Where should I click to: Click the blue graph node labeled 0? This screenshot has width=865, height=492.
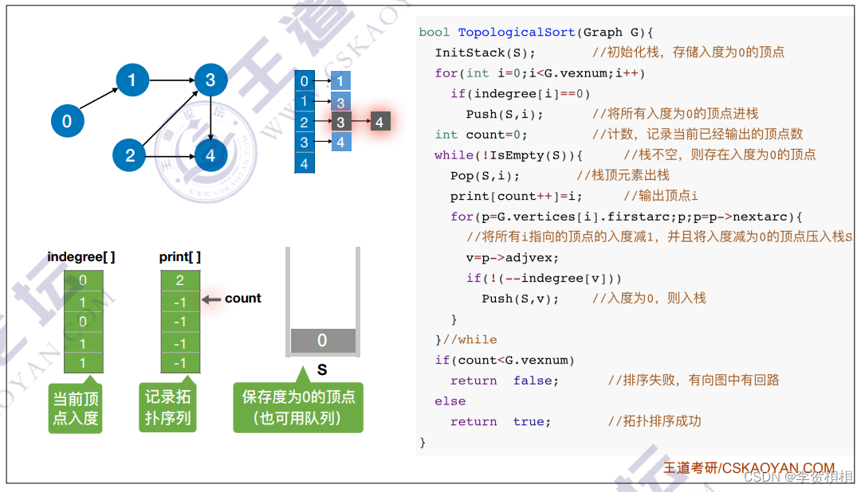click(x=67, y=121)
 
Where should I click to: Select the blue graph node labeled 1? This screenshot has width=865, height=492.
click(x=132, y=80)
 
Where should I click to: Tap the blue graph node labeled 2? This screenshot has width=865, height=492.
click(x=129, y=155)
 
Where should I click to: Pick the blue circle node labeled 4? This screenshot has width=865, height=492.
click(x=210, y=155)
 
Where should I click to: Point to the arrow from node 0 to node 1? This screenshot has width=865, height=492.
click(x=100, y=100)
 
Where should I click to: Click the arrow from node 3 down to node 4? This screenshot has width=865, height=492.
click(x=210, y=117)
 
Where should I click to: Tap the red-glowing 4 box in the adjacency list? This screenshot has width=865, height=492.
click(x=379, y=123)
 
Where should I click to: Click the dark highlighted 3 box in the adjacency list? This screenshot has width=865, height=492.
click(x=340, y=123)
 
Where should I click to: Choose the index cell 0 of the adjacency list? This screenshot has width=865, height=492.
click(x=304, y=81)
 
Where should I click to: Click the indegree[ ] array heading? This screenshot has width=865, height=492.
click(x=81, y=256)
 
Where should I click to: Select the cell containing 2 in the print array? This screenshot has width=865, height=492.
click(x=180, y=280)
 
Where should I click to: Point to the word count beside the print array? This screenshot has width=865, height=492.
click(x=243, y=299)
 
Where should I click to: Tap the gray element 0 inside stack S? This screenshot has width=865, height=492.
click(x=322, y=341)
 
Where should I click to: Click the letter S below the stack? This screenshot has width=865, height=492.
click(x=322, y=370)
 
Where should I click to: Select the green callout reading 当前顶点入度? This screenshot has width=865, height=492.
click(x=76, y=408)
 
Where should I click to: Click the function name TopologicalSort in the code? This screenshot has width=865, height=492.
click(x=516, y=33)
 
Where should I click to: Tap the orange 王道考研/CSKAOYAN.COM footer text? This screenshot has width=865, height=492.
click(x=749, y=468)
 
